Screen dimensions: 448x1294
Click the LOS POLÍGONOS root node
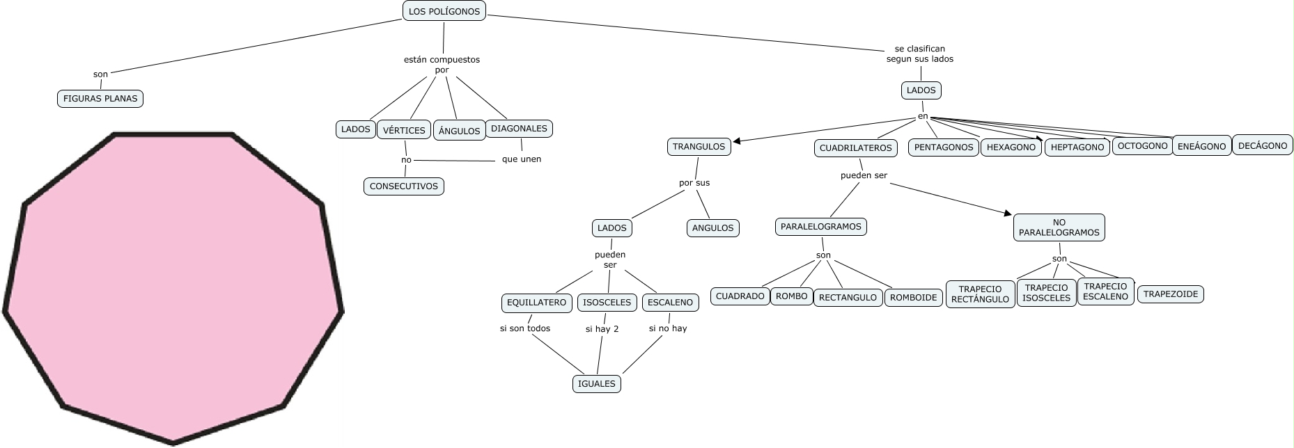[444, 11]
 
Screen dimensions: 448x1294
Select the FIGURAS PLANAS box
[100, 99]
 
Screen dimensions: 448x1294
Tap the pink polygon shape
[173, 285]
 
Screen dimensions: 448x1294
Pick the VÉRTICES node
[404, 130]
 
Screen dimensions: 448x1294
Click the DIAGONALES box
[519, 128]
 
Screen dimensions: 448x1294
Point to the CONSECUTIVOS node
[403, 186]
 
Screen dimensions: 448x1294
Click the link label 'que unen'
[521, 159]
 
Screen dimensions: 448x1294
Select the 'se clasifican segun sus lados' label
[919, 54]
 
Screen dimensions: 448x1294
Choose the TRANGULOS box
[699, 147]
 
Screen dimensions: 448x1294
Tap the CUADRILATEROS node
[855, 148]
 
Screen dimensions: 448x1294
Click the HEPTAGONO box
[1077, 147]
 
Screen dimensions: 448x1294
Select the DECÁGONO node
[1263, 145]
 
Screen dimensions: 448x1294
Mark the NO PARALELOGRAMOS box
[1059, 227]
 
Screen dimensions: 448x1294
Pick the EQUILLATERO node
[536, 303]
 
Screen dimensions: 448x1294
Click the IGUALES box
[596, 383]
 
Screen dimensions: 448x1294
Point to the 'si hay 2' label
[602, 329]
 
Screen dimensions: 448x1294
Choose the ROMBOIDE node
[913, 297]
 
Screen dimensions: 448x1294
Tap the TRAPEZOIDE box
[1170, 294]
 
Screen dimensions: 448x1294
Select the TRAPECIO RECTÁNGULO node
[980, 294]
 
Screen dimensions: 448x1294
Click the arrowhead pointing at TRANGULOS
[737, 141]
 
